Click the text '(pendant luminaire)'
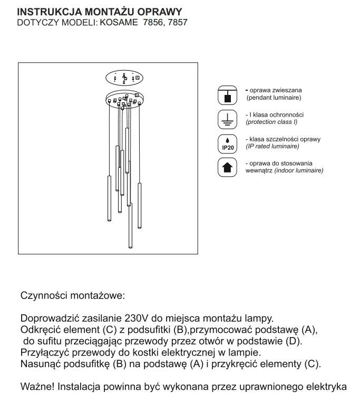(x=273, y=98)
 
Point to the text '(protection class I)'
(x=271, y=122)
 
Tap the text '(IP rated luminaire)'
(x=273, y=146)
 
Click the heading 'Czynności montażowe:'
(x=73, y=296)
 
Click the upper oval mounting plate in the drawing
(x=124, y=78)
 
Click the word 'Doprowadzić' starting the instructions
(x=48, y=319)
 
